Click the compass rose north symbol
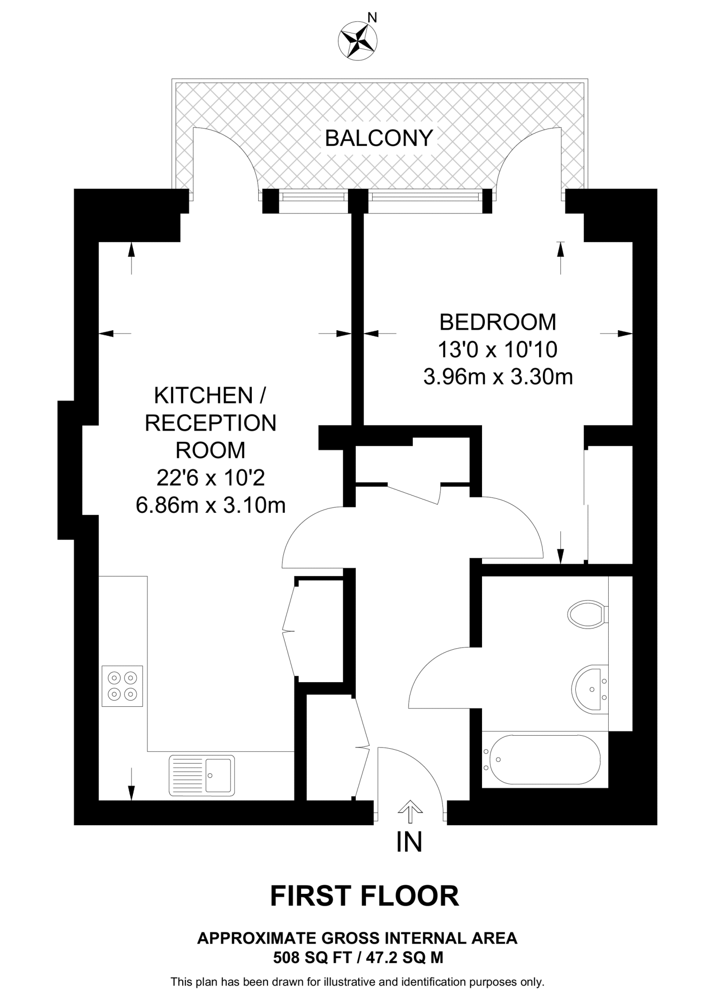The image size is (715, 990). click(358, 40)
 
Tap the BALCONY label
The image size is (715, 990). click(379, 138)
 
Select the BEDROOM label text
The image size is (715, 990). click(497, 322)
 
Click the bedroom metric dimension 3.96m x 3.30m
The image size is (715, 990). click(498, 377)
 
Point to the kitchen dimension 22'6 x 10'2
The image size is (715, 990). click(211, 478)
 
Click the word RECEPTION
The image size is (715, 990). click(211, 423)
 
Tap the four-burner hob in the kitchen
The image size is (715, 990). click(122, 686)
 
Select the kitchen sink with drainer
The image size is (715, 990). click(202, 775)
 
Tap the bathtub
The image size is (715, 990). click(544, 759)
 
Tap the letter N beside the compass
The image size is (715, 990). click(372, 18)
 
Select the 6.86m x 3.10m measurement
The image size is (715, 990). click(211, 506)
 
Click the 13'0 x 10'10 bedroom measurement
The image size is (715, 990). click(497, 349)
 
